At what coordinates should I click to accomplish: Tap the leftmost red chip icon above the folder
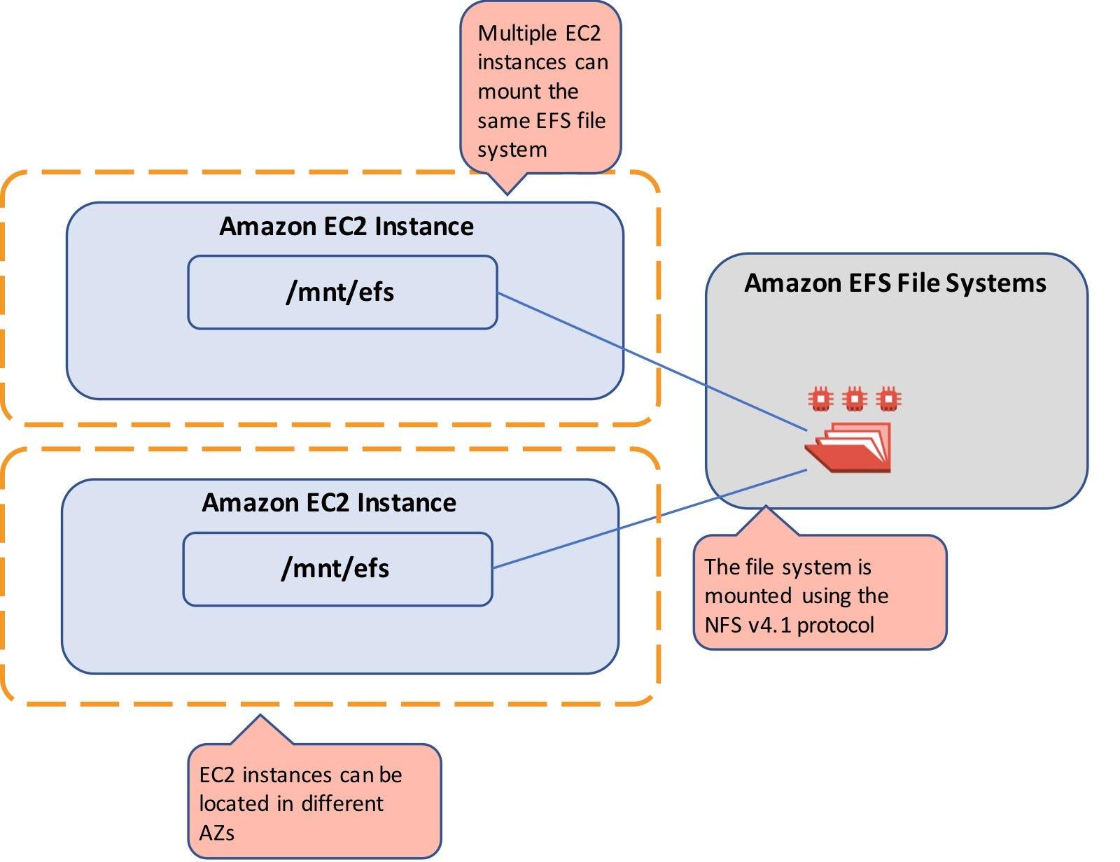click(820, 399)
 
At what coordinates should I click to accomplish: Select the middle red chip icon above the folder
click(854, 399)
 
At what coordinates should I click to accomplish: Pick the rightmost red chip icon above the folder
click(888, 399)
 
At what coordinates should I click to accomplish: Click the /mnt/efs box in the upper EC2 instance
click(342, 292)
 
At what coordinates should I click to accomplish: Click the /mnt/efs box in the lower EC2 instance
click(337, 568)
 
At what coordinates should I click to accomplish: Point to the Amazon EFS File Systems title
click(895, 283)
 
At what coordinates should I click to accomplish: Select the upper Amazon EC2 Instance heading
click(346, 227)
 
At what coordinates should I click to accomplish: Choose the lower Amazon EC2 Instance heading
click(329, 503)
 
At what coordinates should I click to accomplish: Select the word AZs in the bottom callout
click(216, 833)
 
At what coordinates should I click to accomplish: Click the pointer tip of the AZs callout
click(260, 716)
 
